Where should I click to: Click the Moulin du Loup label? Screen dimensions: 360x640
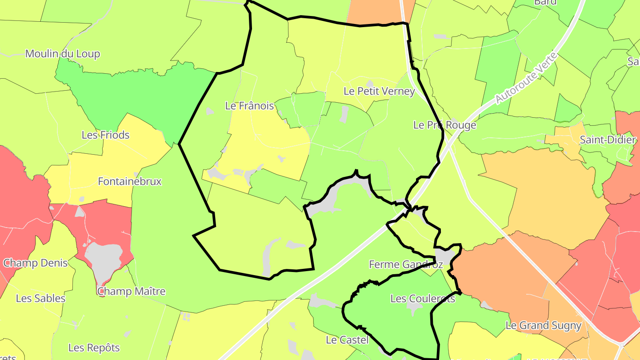click(63, 54)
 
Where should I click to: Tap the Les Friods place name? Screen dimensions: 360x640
click(105, 135)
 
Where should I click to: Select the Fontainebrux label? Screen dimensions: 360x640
click(129, 181)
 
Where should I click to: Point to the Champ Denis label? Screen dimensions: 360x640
click(36, 263)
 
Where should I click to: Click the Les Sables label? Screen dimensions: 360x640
click(40, 298)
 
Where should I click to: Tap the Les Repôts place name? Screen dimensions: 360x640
click(94, 347)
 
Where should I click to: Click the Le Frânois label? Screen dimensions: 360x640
click(249, 106)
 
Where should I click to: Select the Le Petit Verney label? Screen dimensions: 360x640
click(379, 91)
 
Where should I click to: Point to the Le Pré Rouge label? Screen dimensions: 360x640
click(444, 125)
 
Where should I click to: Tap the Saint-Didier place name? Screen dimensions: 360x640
click(608, 140)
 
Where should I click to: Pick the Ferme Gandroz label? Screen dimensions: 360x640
click(406, 264)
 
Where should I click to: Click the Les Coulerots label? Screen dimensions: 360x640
click(423, 298)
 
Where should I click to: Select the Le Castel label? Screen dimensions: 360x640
click(347, 340)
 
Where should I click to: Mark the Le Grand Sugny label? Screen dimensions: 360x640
click(544, 325)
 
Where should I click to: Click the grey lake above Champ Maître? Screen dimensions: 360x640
click(103, 258)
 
